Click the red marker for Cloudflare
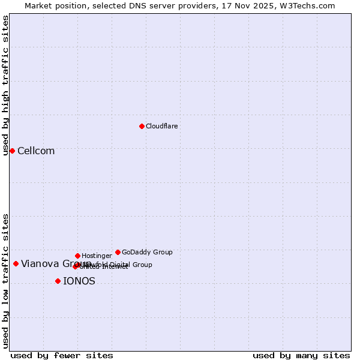click(142, 126)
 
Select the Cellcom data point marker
click(12, 151)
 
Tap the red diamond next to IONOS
click(58, 281)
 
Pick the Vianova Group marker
click(16, 263)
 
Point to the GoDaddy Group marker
click(118, 252)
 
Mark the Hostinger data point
click(77, 256)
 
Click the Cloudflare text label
click(161, 126)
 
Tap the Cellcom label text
click(36, 151)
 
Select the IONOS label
click(79, 281)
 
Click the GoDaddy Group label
click(147, 252)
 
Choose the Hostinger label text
click(97, 256)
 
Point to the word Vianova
click(40, 264)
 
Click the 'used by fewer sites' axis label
click(62, 355)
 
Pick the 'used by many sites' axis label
click(301, 355)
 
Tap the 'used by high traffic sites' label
click(5, 85)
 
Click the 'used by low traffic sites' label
click(5, 281)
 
